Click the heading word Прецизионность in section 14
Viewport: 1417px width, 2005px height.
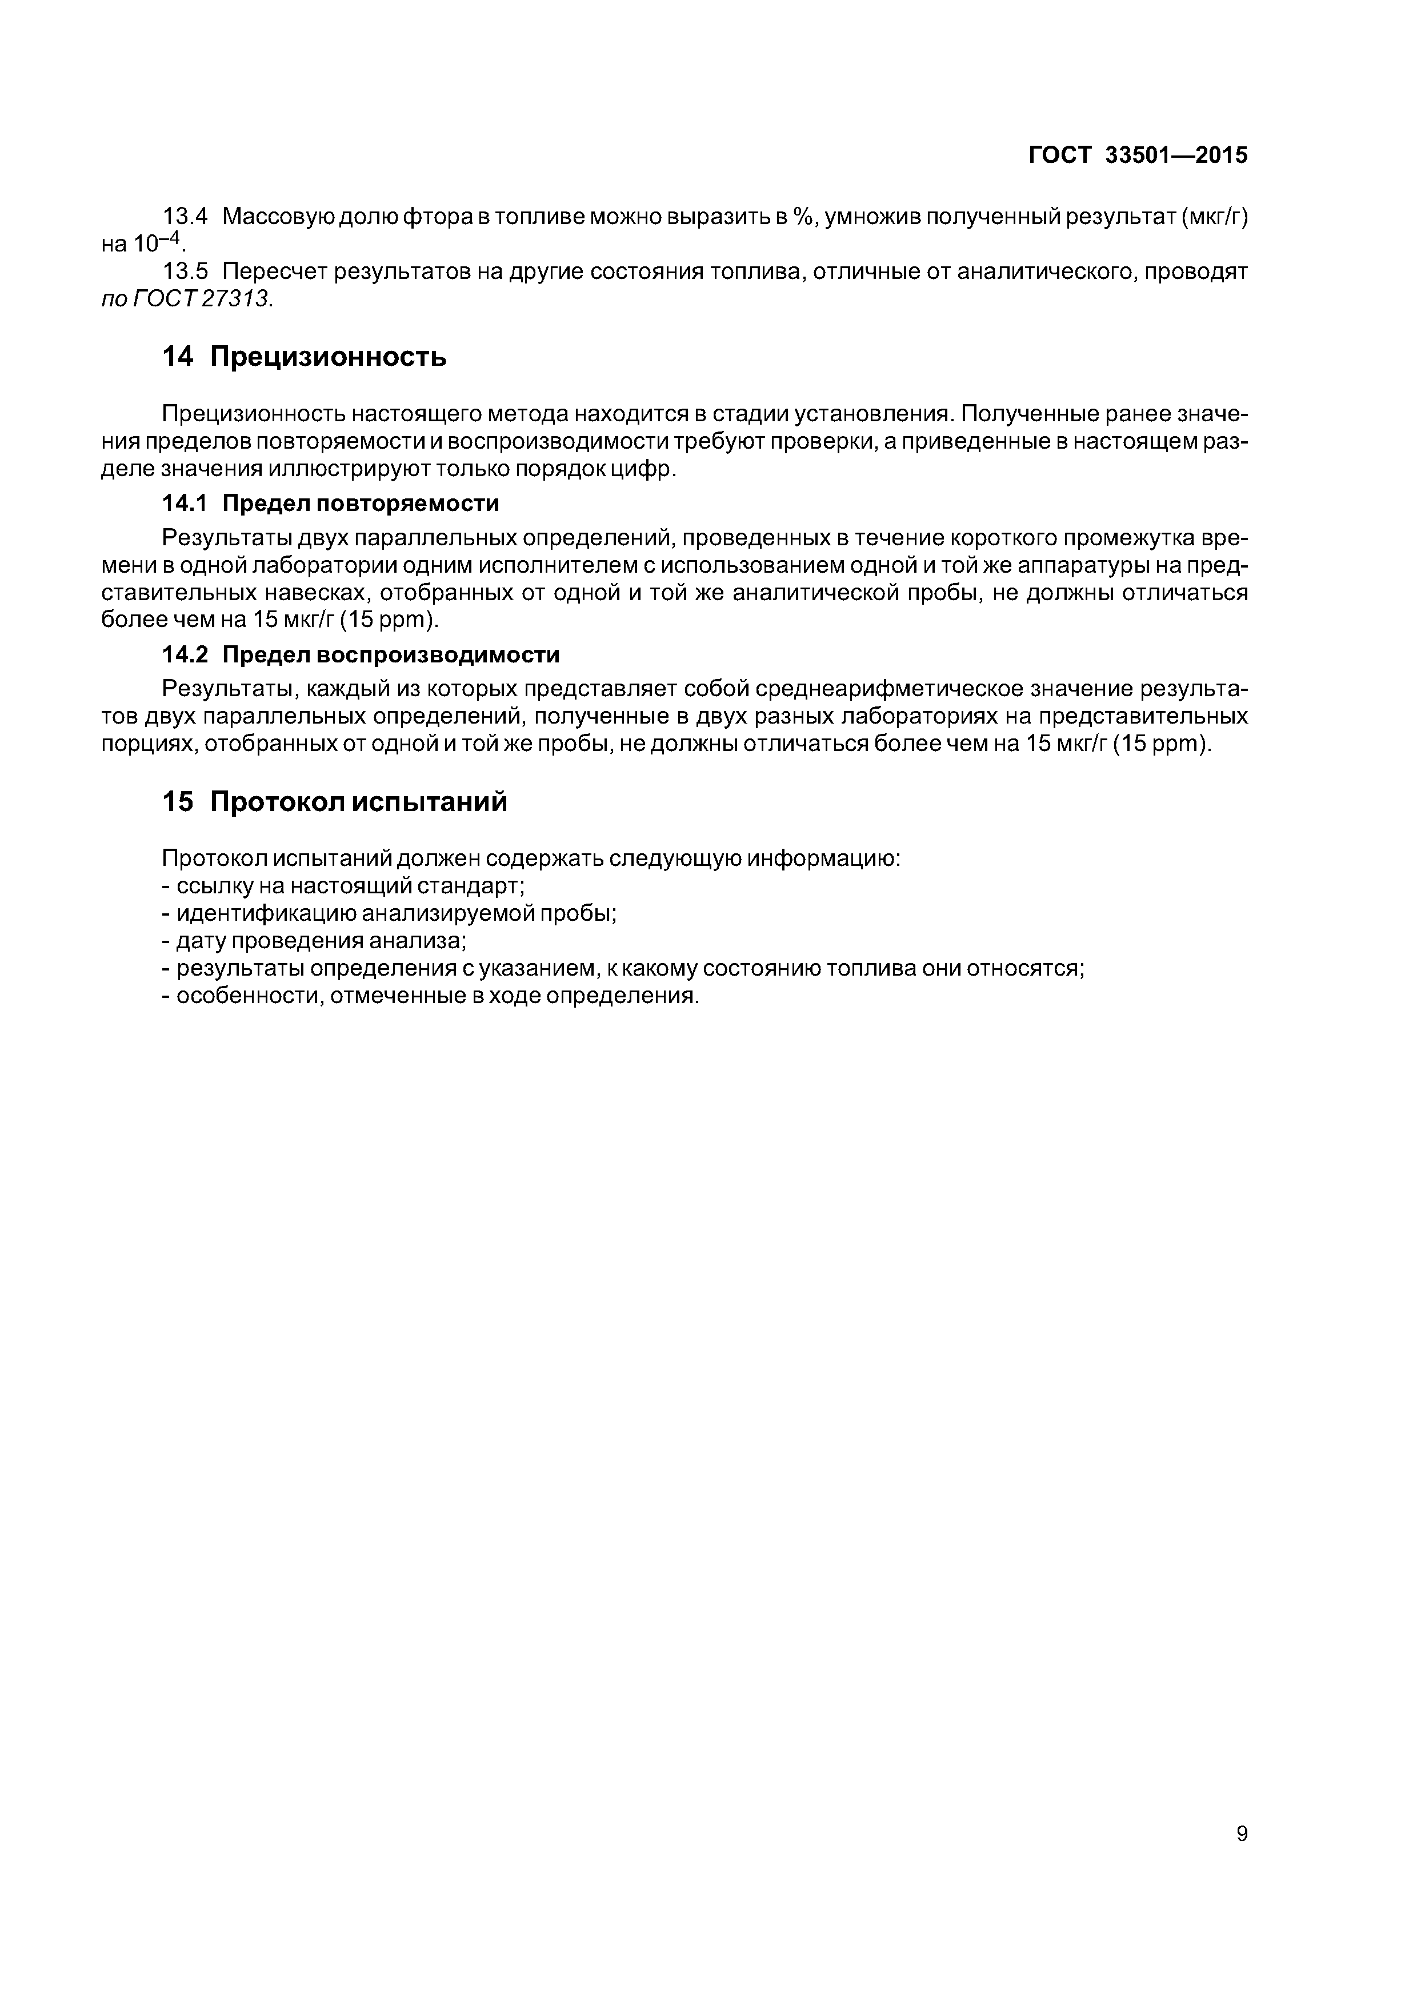tap(329, 356)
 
